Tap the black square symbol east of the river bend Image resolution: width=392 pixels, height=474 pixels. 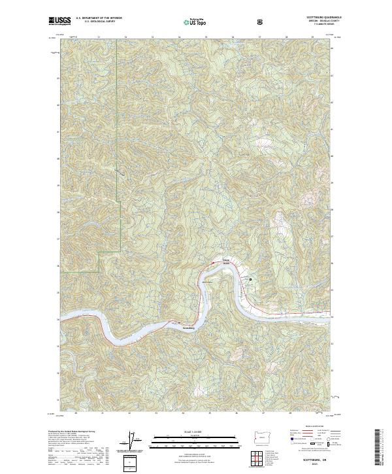point(250,279)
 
